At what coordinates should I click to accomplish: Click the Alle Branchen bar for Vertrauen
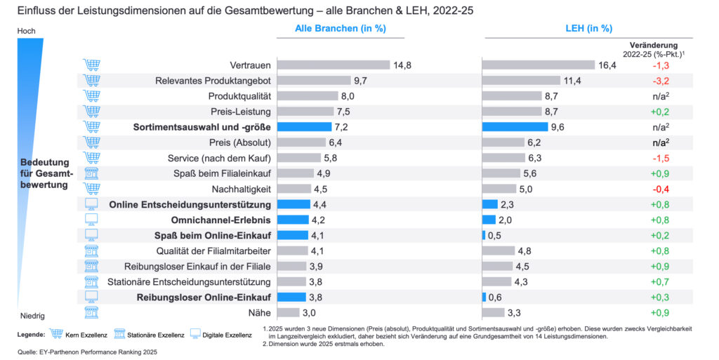coord(334,65)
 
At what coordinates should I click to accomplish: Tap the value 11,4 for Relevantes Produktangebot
coord(574,81)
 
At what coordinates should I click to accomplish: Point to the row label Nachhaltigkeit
coord(241,189)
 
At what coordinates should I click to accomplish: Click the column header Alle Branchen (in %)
coord(340,29)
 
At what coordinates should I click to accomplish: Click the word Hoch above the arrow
coord(26,31)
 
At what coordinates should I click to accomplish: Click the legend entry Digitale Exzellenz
coord(226,335)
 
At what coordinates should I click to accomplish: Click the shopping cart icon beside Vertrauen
coord(91,65)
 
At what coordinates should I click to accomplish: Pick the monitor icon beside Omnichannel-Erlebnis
coord(91,220)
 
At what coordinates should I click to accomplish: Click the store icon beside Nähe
coord(91,312)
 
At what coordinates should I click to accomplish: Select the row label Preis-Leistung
coord(241,112)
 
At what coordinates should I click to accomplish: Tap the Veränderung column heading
coord(653,44)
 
